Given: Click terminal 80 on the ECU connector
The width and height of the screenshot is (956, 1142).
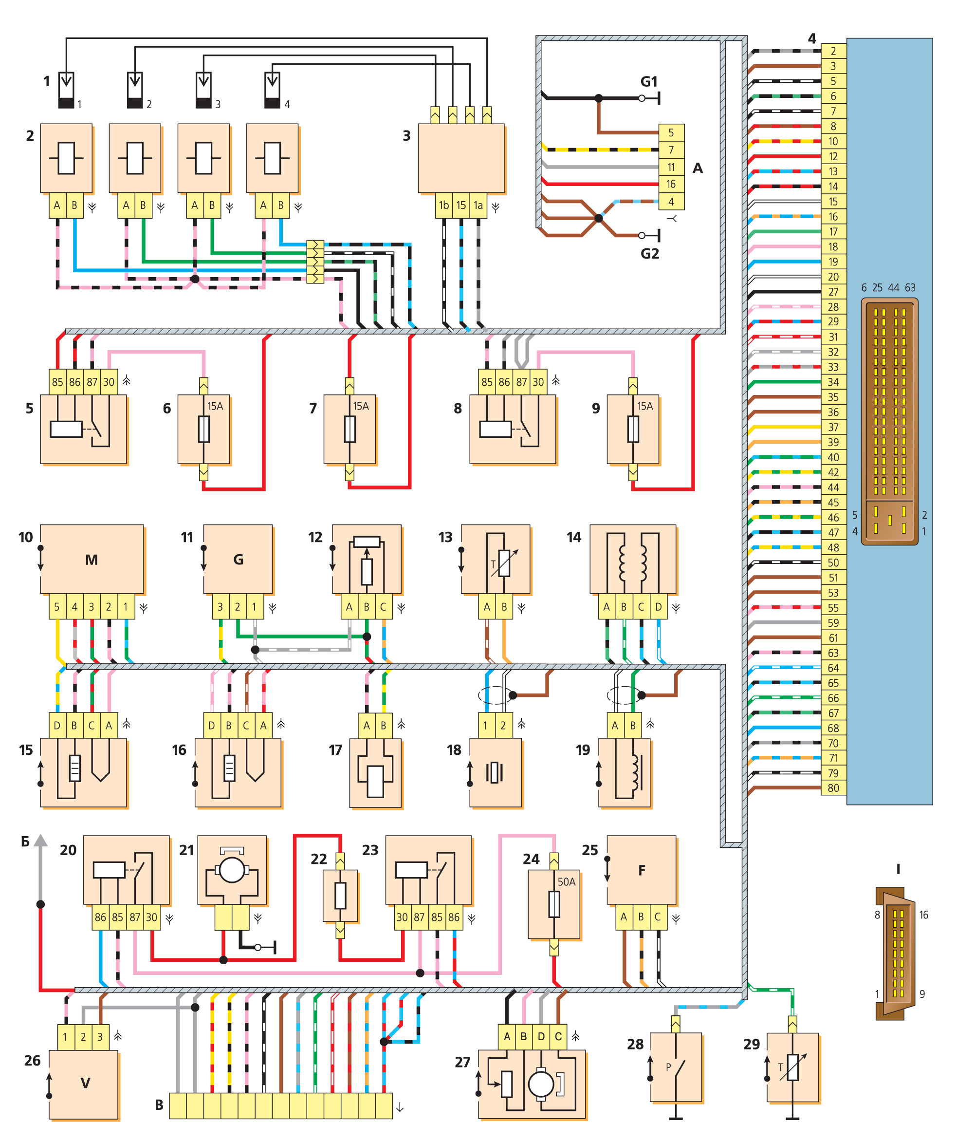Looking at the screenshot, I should pyautogui.click(x=833, y=787).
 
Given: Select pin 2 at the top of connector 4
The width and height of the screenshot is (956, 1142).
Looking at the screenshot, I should pyautogui.click(x=833, y=51).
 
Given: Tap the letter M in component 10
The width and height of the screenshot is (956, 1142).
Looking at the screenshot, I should pyautogui.click(x=92, y=560).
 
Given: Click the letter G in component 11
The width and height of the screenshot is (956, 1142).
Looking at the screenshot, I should pyautogui.click(x=238, y=560).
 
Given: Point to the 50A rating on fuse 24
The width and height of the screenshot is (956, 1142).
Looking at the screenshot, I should pyautogui.click(x=566, y=881).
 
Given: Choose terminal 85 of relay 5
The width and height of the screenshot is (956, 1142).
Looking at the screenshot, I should pyautogui.click(x=57, y=382).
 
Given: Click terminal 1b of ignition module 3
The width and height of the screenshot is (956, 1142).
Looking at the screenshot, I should pyautogui.click(x=444, y=205).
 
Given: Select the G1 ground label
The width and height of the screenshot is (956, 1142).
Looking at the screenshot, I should pyautogui.click(x=649, y=82).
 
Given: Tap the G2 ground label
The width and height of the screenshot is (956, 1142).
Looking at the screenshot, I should pyautogui.click(x=649, y=253).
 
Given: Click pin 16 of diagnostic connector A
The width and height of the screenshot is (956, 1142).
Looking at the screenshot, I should pyautogui.click(x=671, y=184).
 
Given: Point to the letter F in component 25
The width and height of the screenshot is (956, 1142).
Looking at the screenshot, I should pyautogui.click(x=642, y=870).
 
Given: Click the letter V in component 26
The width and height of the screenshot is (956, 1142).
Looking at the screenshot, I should pyautogui.click(x=85, y=1083).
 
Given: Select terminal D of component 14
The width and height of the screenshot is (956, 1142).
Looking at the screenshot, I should pyautogui.click(x=658, y=606).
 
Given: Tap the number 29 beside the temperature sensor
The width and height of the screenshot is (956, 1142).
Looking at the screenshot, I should pyautogui.click(x=752, y=1044).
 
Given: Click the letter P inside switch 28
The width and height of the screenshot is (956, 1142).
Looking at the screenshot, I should pyautogui.click(x=668, y=1067).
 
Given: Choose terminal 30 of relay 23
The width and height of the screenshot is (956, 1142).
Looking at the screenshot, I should pyautogui.click(x=402, y=917).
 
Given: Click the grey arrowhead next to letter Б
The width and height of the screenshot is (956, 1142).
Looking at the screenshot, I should pyautogui.click(x=40, y=841).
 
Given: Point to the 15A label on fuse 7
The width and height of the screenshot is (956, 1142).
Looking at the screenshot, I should pyautogui.click(x=361, y=406).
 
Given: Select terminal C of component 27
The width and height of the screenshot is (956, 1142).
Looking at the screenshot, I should pyautogui.click(x=558, y=1036).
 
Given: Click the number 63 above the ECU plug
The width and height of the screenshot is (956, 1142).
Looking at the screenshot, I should pyautogui.click(x=910, y=288).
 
